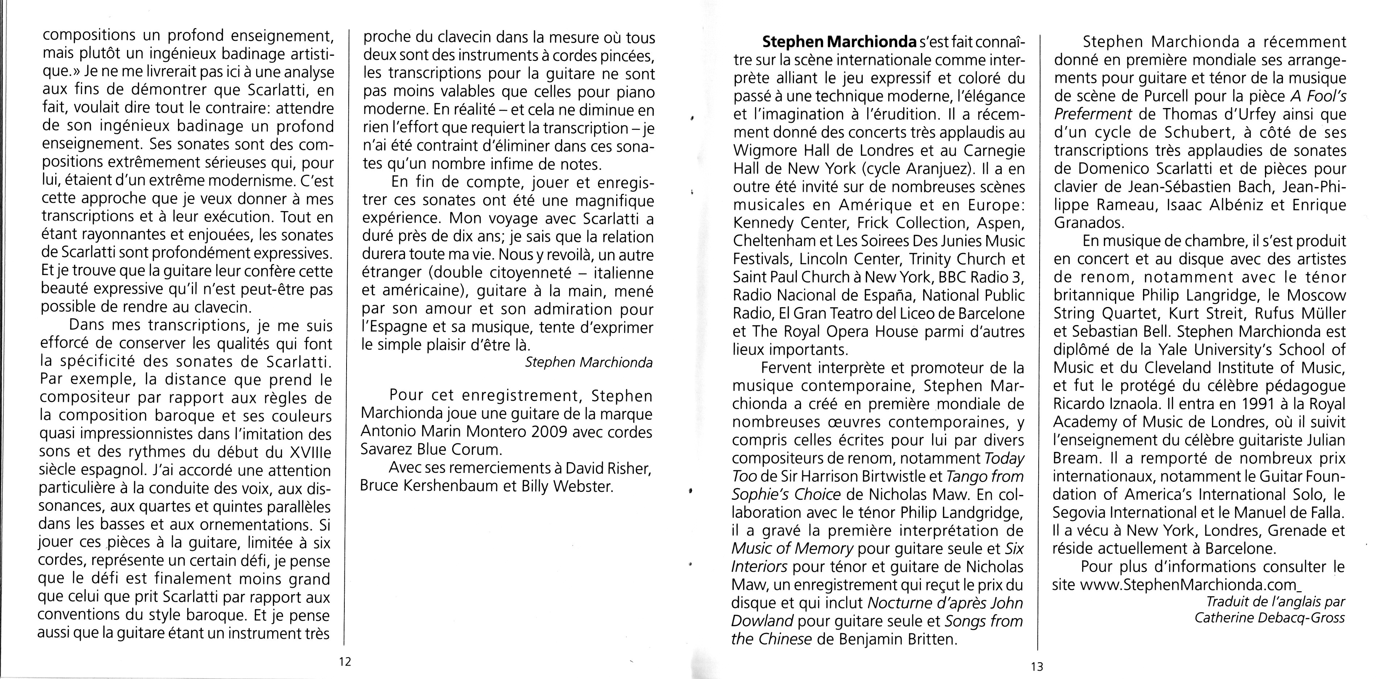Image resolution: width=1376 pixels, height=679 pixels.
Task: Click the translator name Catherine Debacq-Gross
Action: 1270,618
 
